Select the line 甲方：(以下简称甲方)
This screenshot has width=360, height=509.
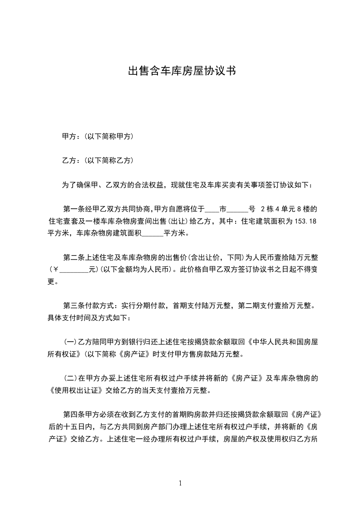(98, 136)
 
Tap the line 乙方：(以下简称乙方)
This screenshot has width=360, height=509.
(98, 161)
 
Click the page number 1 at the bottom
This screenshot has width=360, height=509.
(180, 483)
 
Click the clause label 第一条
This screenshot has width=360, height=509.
(73, 210)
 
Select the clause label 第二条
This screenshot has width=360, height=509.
(73, 258)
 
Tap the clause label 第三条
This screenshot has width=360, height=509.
(73, 306)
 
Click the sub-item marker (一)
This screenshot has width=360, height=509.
(70, 342)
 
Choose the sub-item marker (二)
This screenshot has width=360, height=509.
(70, 378)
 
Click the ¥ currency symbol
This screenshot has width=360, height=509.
(56, 270)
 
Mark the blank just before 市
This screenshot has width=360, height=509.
(212, 210)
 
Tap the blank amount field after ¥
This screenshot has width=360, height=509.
(74, 270)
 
